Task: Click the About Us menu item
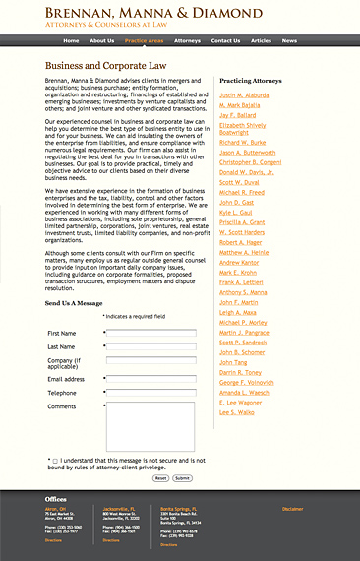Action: coord(102,41)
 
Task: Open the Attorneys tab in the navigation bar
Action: coord(187,41)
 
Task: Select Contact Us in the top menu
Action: coord(225,41)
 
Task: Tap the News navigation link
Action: coord(289,41)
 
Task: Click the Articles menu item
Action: coord(261,41)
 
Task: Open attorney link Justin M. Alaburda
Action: coord(243,96)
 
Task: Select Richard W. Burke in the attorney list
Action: coord(242,142)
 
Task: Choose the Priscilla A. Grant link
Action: coord(243,222)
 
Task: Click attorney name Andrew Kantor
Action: coord(239,263)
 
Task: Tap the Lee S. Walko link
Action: coord(237,413)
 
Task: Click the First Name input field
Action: coord(150,334)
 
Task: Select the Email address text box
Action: coord(150,379)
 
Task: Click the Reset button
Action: coord(160,478)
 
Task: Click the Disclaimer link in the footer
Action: coord(292,509)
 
